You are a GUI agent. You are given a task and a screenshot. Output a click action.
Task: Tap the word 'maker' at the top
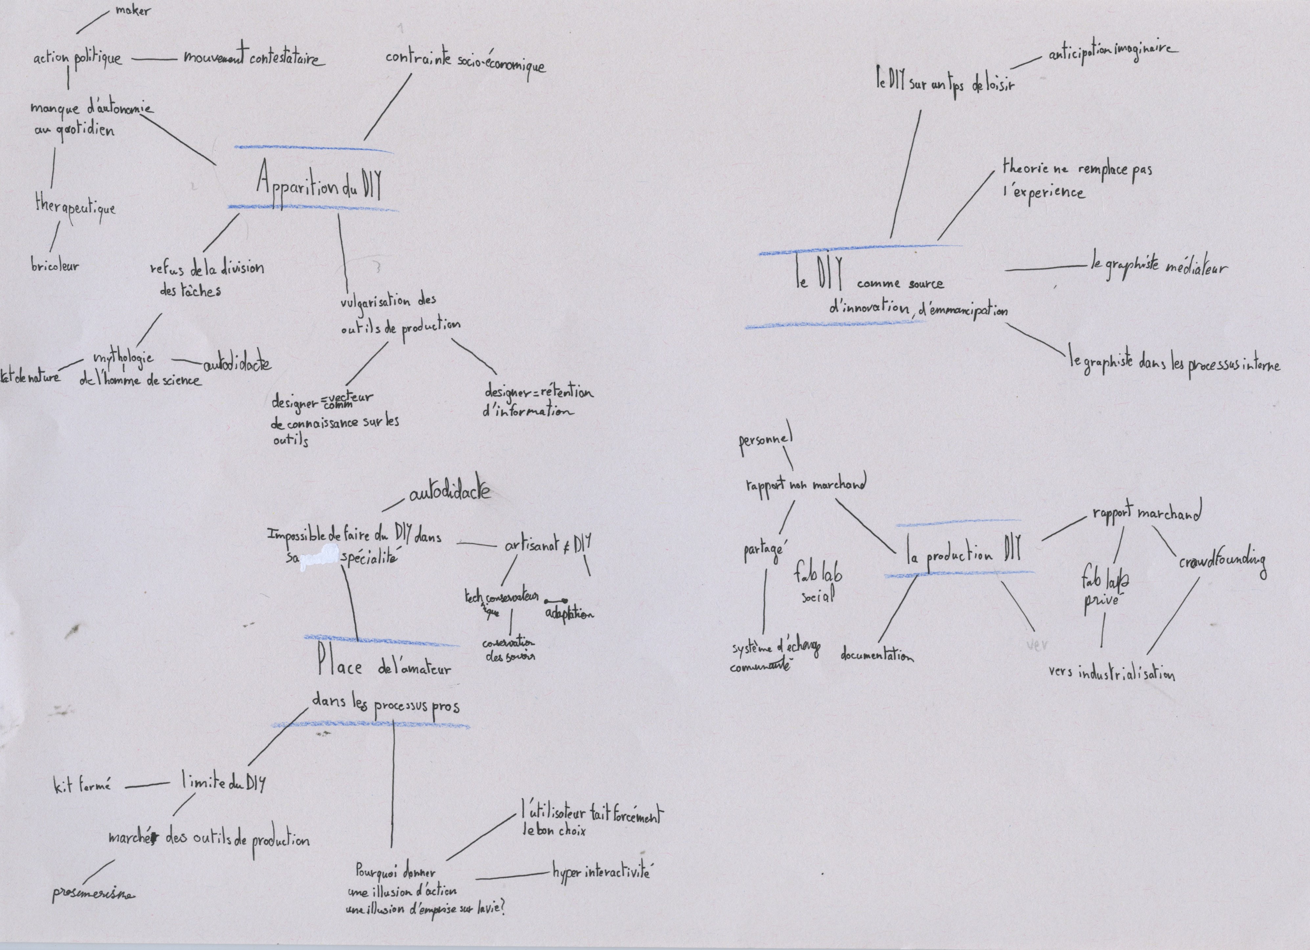[x=133, y=11]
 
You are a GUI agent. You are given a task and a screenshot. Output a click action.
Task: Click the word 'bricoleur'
[x=55, y=266]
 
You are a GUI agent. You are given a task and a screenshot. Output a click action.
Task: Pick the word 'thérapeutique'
[x=75, y=207]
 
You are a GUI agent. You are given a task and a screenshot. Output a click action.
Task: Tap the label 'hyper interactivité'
[x=601, y=872]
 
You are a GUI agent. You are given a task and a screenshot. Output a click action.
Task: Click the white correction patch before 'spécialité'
[x=322, y=558]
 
